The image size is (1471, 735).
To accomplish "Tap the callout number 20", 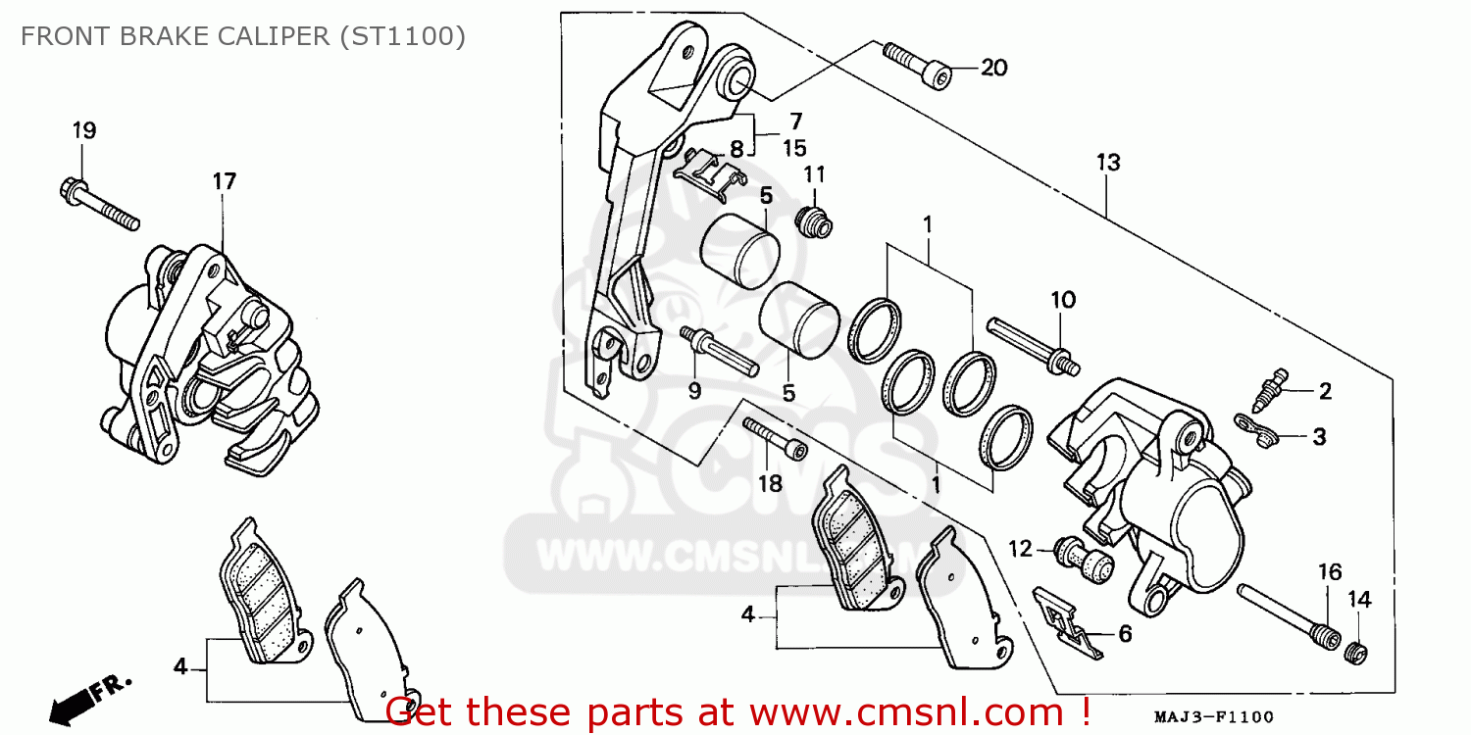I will point(993,68).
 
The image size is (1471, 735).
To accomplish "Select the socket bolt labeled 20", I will point(918,65).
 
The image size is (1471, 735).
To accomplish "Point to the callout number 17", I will point(224,181).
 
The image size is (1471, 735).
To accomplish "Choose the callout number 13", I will point(1108,163).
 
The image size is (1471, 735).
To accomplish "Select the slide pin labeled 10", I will point(1035,344).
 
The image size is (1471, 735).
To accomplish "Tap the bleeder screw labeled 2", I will point(1270,388).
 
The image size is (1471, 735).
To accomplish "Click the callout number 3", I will point(1318,435).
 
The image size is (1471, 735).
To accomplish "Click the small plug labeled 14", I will point(1357,651).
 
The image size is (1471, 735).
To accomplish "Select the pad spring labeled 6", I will point(1070,623).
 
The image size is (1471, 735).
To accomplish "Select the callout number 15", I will point(793,148).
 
